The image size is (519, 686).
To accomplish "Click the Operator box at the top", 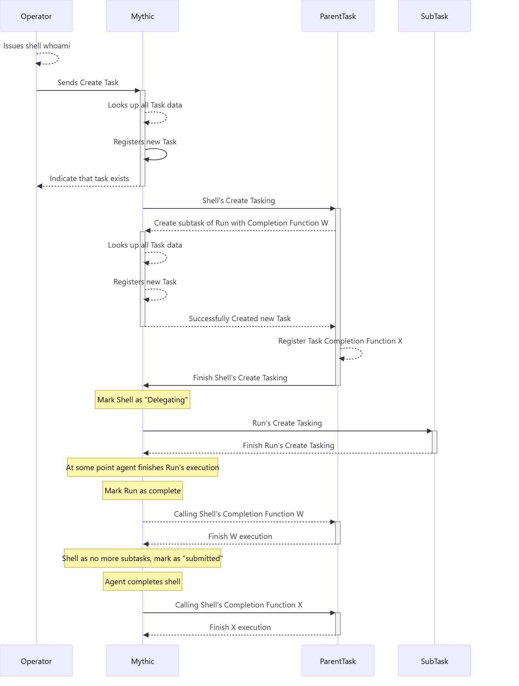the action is (x=36, y=16).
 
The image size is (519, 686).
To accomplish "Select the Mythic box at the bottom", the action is (x=143, y=661).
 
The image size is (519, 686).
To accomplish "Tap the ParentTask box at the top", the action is (x=338, y=16).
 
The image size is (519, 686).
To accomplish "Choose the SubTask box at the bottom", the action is (x=435, y=661).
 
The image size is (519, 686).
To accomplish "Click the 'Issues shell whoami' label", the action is (x=37, y=46).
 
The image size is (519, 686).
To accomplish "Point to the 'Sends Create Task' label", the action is (x=88, y=82).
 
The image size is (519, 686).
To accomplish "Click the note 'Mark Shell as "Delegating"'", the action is (x=143, y=400).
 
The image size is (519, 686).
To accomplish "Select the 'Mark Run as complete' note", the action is (x=143, y=491).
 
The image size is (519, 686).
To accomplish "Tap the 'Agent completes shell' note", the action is (x=143, y=582).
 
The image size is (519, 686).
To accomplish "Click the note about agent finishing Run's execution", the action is (x=143, y=467).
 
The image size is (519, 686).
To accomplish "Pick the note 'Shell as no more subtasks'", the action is (x=143, y=558).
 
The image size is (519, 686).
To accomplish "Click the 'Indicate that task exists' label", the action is (x=89, y=178).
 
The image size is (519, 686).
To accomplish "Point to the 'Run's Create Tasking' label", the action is (x=287, y=423).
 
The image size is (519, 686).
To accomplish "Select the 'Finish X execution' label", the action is (x=240, y=627).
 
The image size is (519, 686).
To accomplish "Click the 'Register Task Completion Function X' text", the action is (x=340, y=341).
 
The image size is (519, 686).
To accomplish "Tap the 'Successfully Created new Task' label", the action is (x=240, y=318).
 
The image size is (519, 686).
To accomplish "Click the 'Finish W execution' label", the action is (x=240, y=536).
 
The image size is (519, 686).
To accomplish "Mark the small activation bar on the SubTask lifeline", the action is (x=435, y=442).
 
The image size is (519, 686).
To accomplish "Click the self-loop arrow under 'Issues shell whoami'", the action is (x=58, y=58).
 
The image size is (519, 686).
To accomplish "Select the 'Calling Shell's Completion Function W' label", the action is (x=239, y=514).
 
